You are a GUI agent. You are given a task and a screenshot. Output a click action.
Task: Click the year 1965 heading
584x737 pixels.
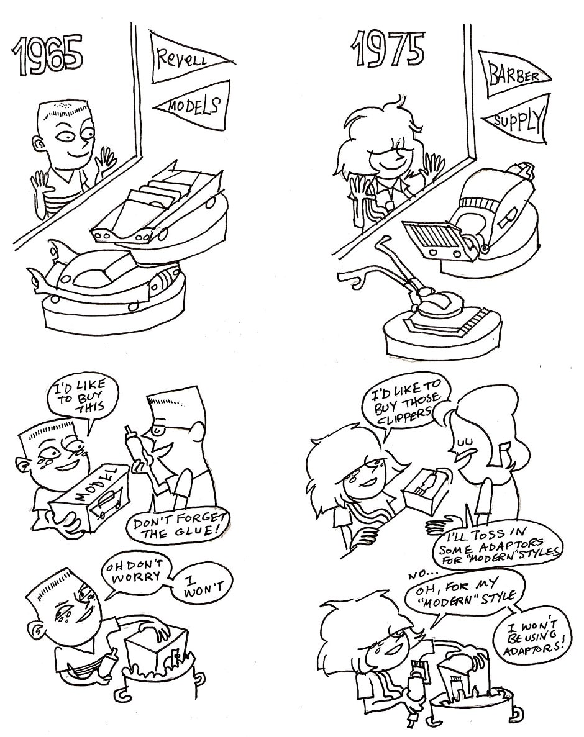point(47,55)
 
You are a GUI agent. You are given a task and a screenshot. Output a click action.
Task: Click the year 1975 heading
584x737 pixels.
point(388,48)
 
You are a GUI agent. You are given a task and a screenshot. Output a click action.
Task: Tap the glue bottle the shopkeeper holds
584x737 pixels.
point(135,449)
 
